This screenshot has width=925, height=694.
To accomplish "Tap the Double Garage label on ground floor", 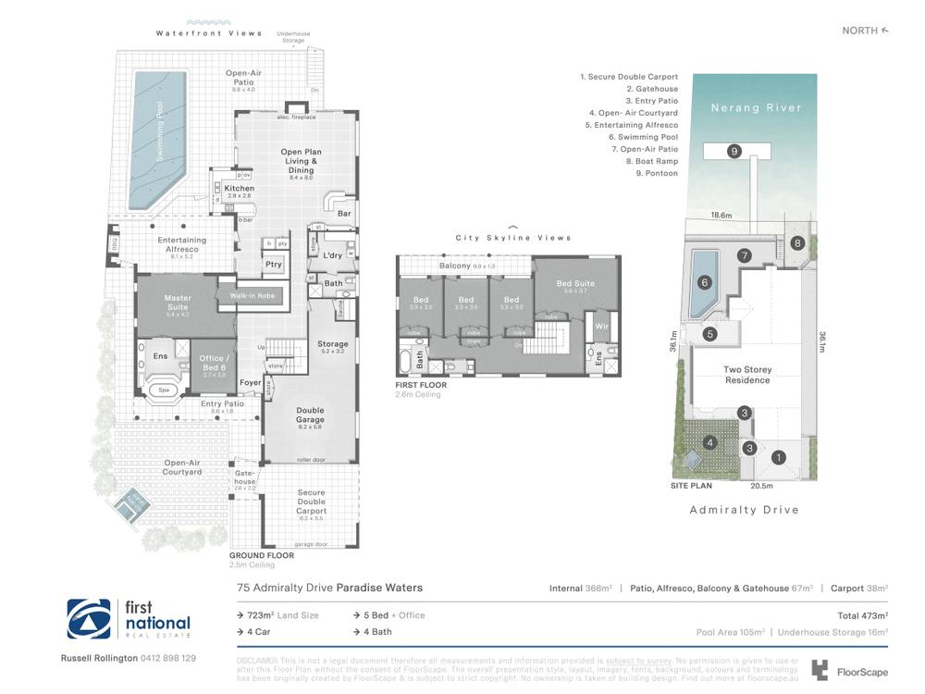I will pyautogui.click(x=310, y=415).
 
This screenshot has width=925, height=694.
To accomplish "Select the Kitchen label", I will pyautogui.click(x=239, y=189).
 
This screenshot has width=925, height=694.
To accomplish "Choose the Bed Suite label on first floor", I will pyautogui.click(x=575, y=284).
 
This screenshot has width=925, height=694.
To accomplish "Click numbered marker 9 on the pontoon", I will pyautogui.click(x=734, y=151).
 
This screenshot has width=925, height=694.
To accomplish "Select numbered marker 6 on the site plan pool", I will pyautogui.click(x=704, y=283).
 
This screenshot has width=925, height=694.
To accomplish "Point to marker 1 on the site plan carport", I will pyautogui.click(x=779, y=456).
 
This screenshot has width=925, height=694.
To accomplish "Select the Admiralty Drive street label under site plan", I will pyautogui.click(x=744, y=510).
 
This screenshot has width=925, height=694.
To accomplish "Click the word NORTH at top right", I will pyautogui.click(x=859, y=31).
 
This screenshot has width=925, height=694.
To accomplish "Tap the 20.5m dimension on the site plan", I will pyautogui.click(x=760, y=485).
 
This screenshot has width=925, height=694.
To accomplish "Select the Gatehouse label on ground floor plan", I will pyautogui.click(x=245, y=477).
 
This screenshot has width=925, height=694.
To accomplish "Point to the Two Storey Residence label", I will pyautogui.click(x=747, y=375).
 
